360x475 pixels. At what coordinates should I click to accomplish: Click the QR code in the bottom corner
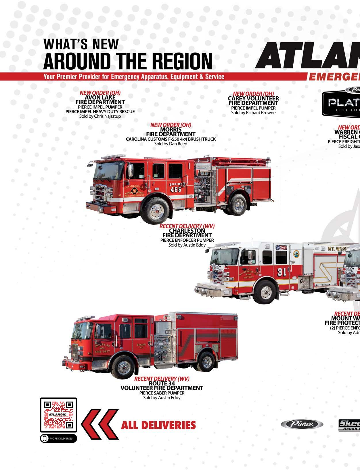point(58,415)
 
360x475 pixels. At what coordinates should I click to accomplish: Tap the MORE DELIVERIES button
point(58,438)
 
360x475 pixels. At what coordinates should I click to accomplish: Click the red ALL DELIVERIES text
point(158,425)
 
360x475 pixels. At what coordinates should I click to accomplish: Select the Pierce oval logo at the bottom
point(302,424)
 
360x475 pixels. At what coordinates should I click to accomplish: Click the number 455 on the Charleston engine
point(176,190)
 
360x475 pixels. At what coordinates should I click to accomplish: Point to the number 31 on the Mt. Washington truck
point(282,272)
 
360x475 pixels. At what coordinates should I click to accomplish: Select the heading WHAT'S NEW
point(81,44)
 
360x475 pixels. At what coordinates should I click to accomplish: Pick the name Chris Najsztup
point(108,116)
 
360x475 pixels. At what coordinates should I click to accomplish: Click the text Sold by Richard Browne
point(253,112)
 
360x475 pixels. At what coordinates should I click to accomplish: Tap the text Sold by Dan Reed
point(171,144)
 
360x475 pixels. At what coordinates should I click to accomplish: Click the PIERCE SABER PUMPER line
point(162,393)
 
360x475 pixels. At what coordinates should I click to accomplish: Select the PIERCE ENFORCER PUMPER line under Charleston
point(187,240)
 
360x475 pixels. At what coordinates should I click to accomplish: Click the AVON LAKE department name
point(100,98)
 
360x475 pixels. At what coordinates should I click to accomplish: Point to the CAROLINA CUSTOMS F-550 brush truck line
point(171,139)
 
